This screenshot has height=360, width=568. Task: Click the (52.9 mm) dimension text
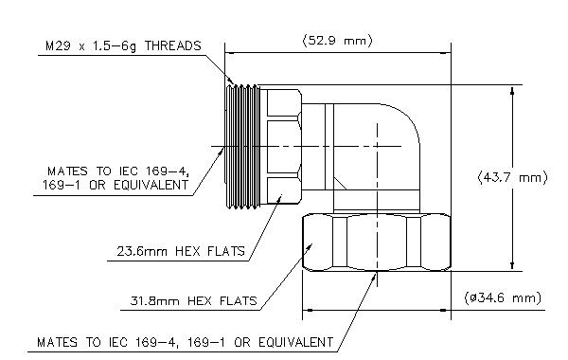coord(337,40)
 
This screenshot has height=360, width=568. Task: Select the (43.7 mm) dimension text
coord(512,178)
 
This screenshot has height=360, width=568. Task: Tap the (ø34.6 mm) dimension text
coord(503,298)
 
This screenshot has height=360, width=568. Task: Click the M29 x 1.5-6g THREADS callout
coord(123,46)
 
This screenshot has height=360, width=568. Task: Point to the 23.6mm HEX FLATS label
coord(181,251)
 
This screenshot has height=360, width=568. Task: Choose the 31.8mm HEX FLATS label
coord(193,300)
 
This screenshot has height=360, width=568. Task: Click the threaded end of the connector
coord(242,147)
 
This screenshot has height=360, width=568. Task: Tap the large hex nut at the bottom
coord(377,243)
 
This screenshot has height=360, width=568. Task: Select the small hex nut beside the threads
coord(281,147)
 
